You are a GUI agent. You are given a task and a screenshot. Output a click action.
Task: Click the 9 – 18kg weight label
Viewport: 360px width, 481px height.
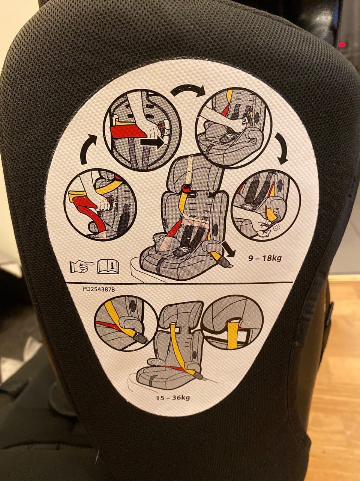click(x=265, y=259)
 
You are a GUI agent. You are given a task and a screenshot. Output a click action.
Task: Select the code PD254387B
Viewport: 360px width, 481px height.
click(x=99, y=289)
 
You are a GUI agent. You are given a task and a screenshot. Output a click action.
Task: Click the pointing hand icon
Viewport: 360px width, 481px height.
click(x=82, y=266)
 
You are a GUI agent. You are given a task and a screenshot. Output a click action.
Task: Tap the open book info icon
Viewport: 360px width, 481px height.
click(x=108, y=266)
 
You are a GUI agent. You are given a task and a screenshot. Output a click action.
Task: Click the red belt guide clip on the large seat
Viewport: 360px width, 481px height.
click(x=186, y=188)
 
